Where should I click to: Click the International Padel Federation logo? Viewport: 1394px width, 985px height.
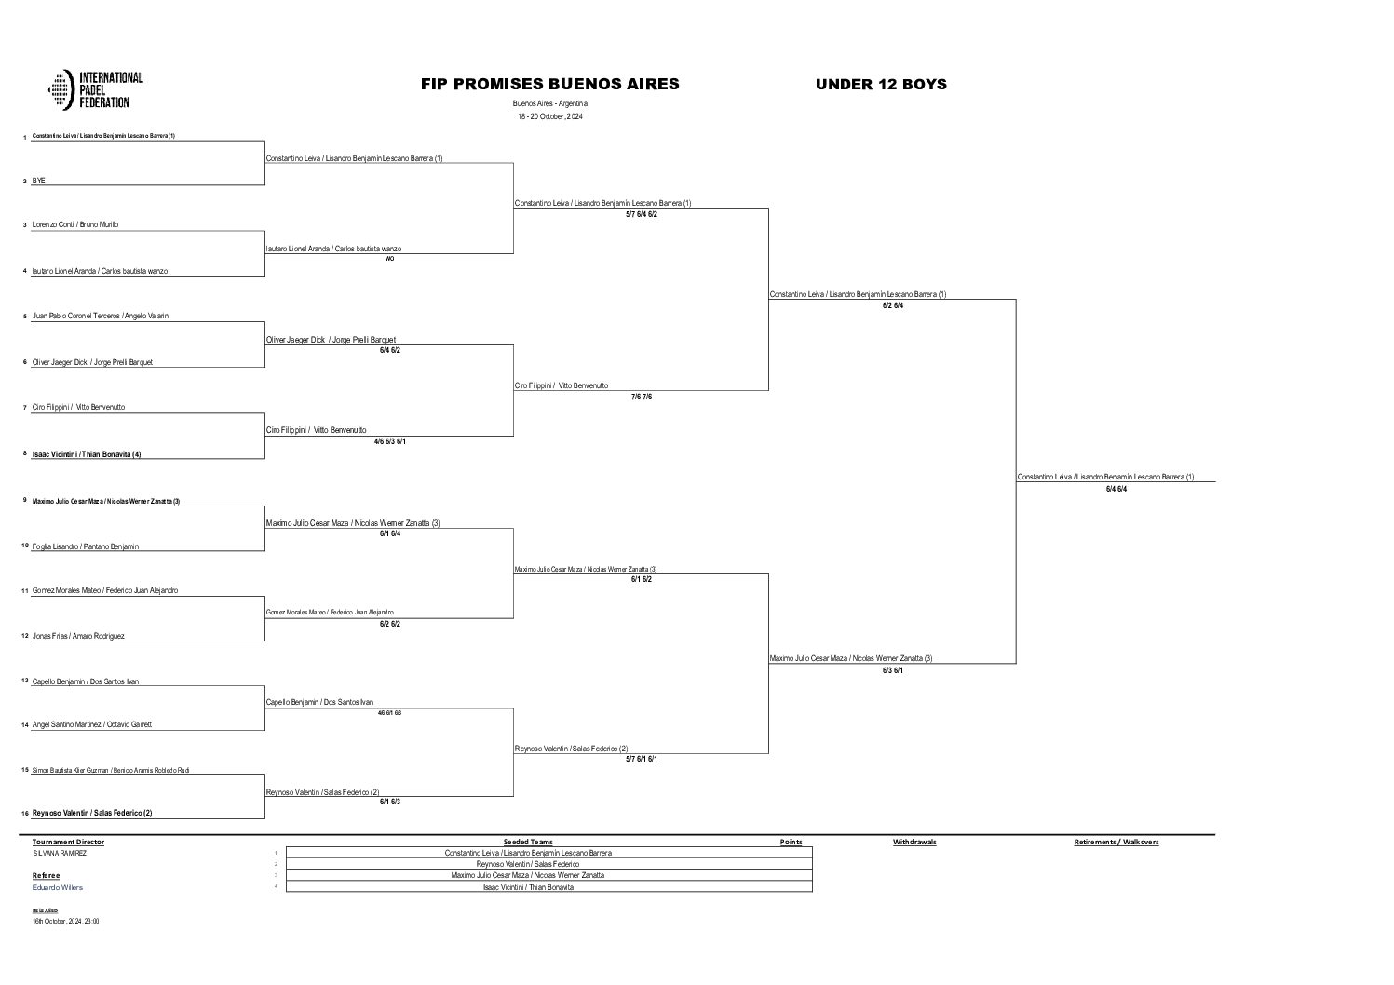tap(96, 89)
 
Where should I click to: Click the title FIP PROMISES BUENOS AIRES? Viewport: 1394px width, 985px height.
tap(549, 84)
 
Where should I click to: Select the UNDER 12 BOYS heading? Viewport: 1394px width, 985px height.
tap(881, 84)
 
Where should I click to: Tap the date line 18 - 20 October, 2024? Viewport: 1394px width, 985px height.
tap(549, 116)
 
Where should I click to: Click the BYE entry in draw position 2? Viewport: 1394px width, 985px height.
tap(39, 181)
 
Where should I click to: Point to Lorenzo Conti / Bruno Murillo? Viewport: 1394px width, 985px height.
tap(75, 224)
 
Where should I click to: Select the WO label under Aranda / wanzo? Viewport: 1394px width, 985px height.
tap(389, 259)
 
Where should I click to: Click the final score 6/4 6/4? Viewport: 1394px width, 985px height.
tap(1116, 489)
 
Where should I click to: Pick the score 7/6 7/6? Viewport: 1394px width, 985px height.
tap(641, 397)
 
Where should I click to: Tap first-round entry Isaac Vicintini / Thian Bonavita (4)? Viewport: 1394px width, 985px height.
tap(87, 454)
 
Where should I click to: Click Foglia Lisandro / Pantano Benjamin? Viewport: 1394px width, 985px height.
tap(85, 546)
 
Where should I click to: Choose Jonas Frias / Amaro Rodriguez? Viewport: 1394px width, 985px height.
tap(78, 636)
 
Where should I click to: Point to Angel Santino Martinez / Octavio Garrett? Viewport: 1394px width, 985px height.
tap(91, 724)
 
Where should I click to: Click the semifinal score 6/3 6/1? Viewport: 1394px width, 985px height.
tap(892, 670)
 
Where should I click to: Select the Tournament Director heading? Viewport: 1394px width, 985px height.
tap(68, 842)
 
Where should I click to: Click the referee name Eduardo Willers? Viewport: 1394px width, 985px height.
tap(58, 887)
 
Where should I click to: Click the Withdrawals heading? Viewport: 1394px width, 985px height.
tap(914, 842)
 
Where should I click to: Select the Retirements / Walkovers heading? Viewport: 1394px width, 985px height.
tap(1116, 842)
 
